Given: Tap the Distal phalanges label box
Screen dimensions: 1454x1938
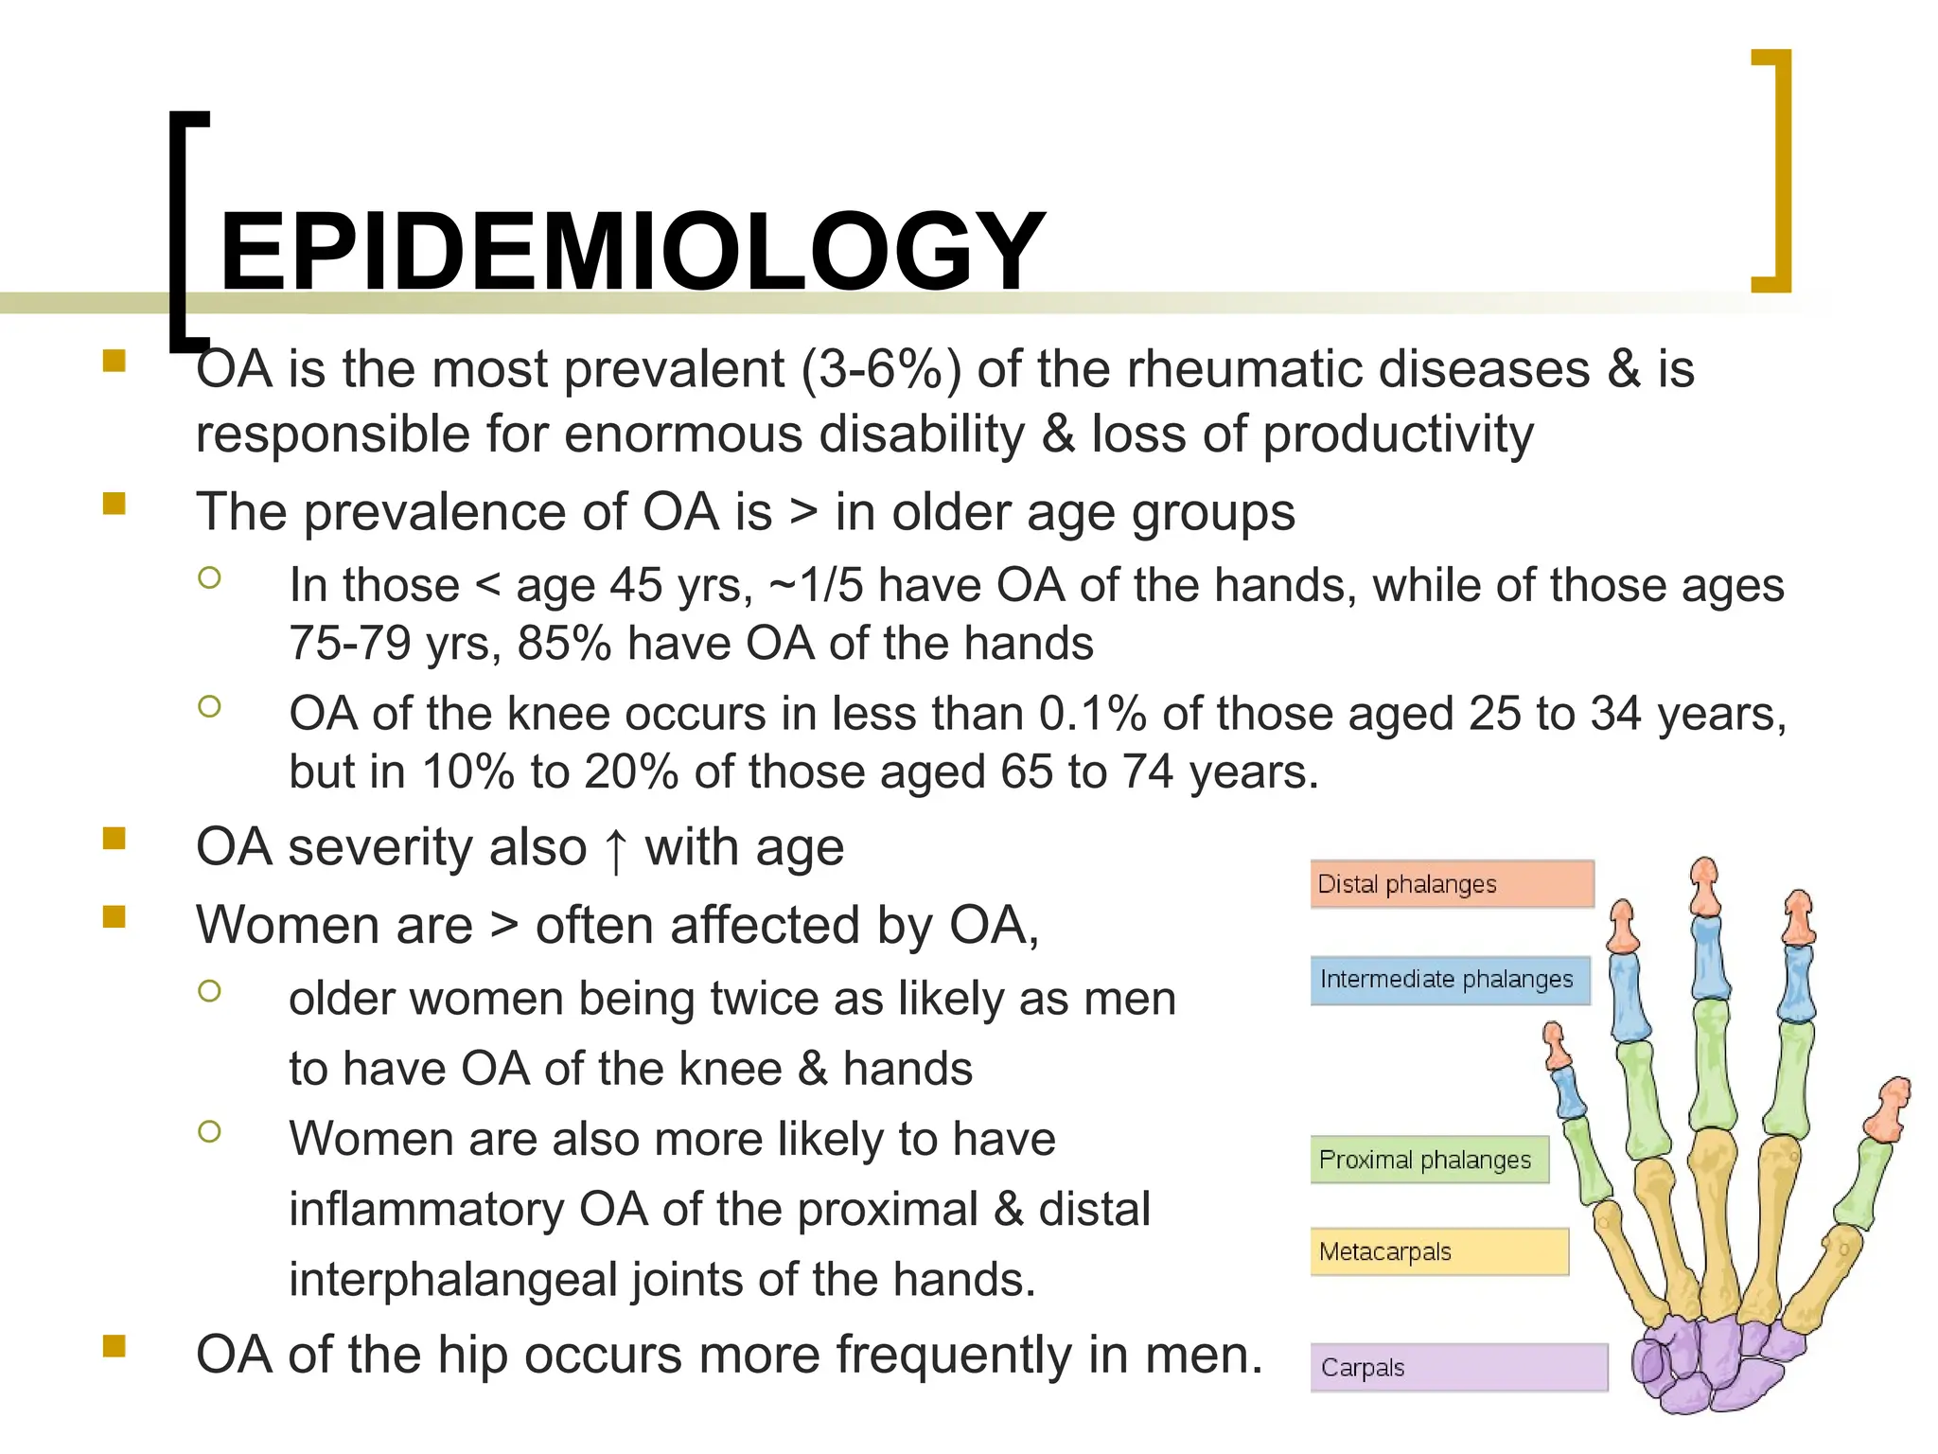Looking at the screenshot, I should (x=1452, y=884).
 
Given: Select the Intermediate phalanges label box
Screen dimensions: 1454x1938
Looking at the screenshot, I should (x=1450, y=980).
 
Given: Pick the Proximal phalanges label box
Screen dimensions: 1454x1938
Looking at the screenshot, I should (x=1429, y=1160).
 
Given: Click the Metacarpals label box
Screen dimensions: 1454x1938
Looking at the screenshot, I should (x=1438, y=1251).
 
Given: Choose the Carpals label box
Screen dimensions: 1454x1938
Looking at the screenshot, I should (x=1458, y=1368).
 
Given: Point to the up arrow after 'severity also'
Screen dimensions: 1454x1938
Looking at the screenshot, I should (x=616, y=849).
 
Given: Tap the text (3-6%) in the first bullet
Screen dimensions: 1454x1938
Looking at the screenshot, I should (x=881, y=369).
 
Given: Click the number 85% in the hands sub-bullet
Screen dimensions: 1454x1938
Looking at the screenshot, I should (x=564, y=644).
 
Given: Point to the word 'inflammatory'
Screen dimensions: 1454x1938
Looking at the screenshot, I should (x=427, y=1210).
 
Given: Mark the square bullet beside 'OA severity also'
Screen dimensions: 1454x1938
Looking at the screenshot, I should (x=115, y=839).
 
